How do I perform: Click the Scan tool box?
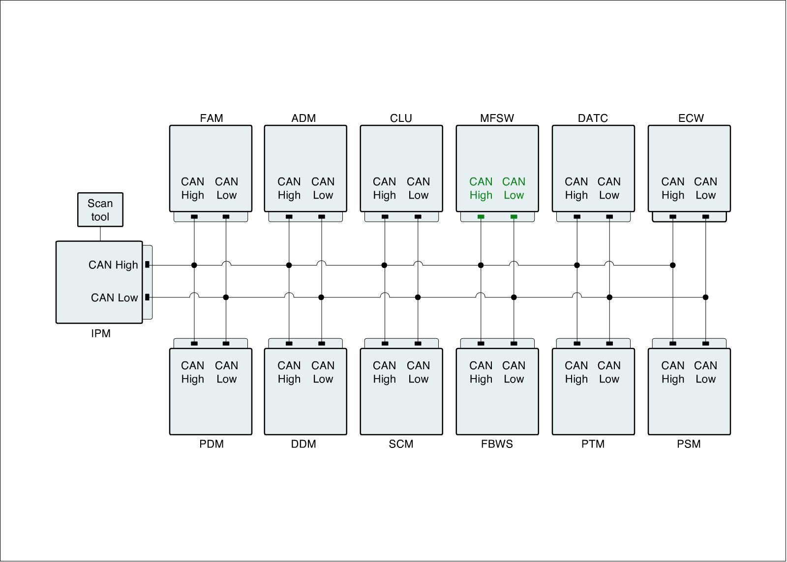tap(100, 210)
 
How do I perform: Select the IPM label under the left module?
tap(101, 333)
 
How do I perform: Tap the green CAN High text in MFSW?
tap(481, 188)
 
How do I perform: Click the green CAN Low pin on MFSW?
tap(514, 217)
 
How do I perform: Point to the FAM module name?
tap(212, 118)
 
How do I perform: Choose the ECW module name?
tap(691, 118)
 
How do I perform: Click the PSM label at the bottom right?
tap(689, 444)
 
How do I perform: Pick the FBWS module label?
tap(497, 444)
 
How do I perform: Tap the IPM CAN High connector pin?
tap(147, 265)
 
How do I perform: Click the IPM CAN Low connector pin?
tap(147, 297)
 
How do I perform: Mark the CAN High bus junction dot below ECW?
tap(673, 266)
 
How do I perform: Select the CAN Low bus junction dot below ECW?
tap(705, 297)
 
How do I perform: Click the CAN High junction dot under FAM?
tap(194, 266)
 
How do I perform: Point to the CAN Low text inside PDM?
tap(226, 372)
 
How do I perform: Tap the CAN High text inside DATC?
tap(576, 188)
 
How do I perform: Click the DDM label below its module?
tap(303, 444)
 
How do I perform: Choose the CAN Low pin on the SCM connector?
tap(418, 343)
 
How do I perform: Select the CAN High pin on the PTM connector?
tap(577, 343)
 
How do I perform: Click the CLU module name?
tap(401, 118)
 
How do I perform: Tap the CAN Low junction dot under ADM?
tap(321, 297)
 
